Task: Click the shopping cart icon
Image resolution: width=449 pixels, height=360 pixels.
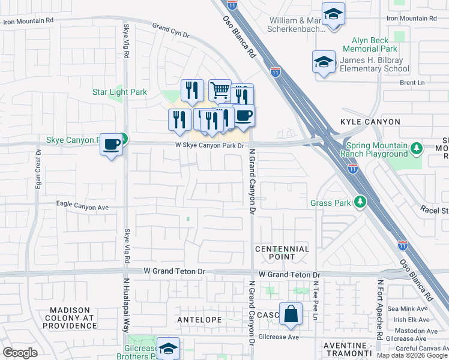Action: tap(220, 91)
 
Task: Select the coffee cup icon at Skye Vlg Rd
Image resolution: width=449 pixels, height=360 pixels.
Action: tap(111, 145)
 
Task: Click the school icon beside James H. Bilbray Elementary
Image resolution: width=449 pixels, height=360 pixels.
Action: tap(324, 62)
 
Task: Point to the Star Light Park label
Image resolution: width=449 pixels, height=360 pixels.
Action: tap(119, 92)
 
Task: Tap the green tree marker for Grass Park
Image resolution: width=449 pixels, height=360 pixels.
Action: tap(360, 202)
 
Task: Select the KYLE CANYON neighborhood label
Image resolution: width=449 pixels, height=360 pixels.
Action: tap(370, 122)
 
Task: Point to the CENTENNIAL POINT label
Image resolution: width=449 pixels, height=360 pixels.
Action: tap(282, 253)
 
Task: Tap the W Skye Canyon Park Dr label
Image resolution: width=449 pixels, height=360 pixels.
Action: tap(209, 146)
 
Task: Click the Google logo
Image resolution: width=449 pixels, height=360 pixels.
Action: tap(20, 353)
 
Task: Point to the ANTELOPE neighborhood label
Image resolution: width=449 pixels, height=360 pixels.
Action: tap(199, 320)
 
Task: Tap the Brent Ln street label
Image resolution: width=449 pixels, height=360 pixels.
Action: tap(412, 83)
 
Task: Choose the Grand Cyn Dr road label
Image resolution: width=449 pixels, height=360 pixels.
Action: tap(170, 28)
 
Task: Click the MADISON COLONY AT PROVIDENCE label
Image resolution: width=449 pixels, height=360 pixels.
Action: tap(69, 317)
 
